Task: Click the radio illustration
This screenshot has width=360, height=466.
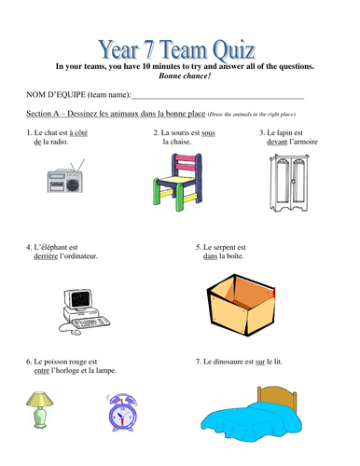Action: [x=65, y=176]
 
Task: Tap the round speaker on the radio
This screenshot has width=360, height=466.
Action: [x=73, y=185]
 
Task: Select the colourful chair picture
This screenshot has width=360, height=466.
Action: [x=178, y=182]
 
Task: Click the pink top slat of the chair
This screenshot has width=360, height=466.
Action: [x=185, y=158]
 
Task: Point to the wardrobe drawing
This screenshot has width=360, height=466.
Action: [x=289, y=183]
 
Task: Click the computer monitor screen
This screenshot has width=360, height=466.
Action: [x=81, y=298]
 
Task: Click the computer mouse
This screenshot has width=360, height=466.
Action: [x=76, y=333]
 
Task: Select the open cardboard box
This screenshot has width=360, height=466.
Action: [x=242, y=305]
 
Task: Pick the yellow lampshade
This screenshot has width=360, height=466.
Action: [x=39, y=399]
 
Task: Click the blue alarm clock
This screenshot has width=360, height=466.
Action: [x=122, y=413]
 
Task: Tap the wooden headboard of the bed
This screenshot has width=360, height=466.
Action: [x=277, y=398]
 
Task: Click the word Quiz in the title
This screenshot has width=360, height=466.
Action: [x=234, y=49]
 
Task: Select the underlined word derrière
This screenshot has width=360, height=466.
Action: [x=46, y=256]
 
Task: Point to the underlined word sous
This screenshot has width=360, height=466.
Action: [x=208, y=133]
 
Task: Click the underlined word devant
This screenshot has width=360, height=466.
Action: [x=277, y=142]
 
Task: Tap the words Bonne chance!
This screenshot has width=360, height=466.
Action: [x=185, y=75]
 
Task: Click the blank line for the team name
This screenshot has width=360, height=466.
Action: [x=217, y=99]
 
